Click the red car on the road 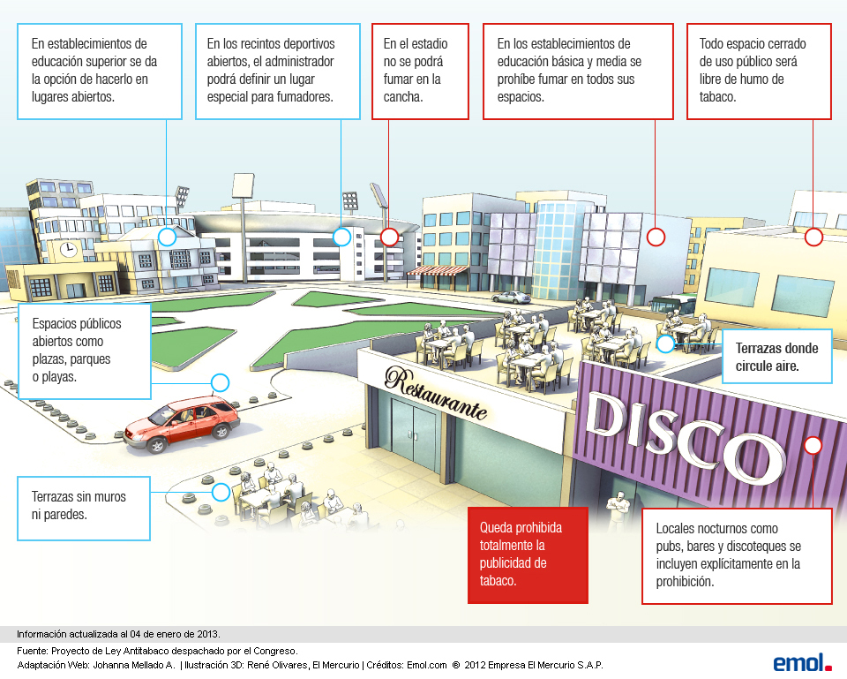tap(182, 423)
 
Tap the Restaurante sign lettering tap(436, 396)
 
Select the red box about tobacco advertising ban tap(528, 555)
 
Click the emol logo tap(802, 662)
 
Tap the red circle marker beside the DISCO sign tap(813, 446)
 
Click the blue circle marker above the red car tap(221, 382)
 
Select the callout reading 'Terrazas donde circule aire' tap(776, 356)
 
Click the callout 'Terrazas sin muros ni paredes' tap(84, 508)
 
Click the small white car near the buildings tap(510, 298)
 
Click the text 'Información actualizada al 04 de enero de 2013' tap(119, 634)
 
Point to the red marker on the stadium tap(389, 237)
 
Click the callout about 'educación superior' tap(101, 70)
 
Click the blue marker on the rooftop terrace tap(664, 343)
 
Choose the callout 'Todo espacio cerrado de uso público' tap(759, 70)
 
